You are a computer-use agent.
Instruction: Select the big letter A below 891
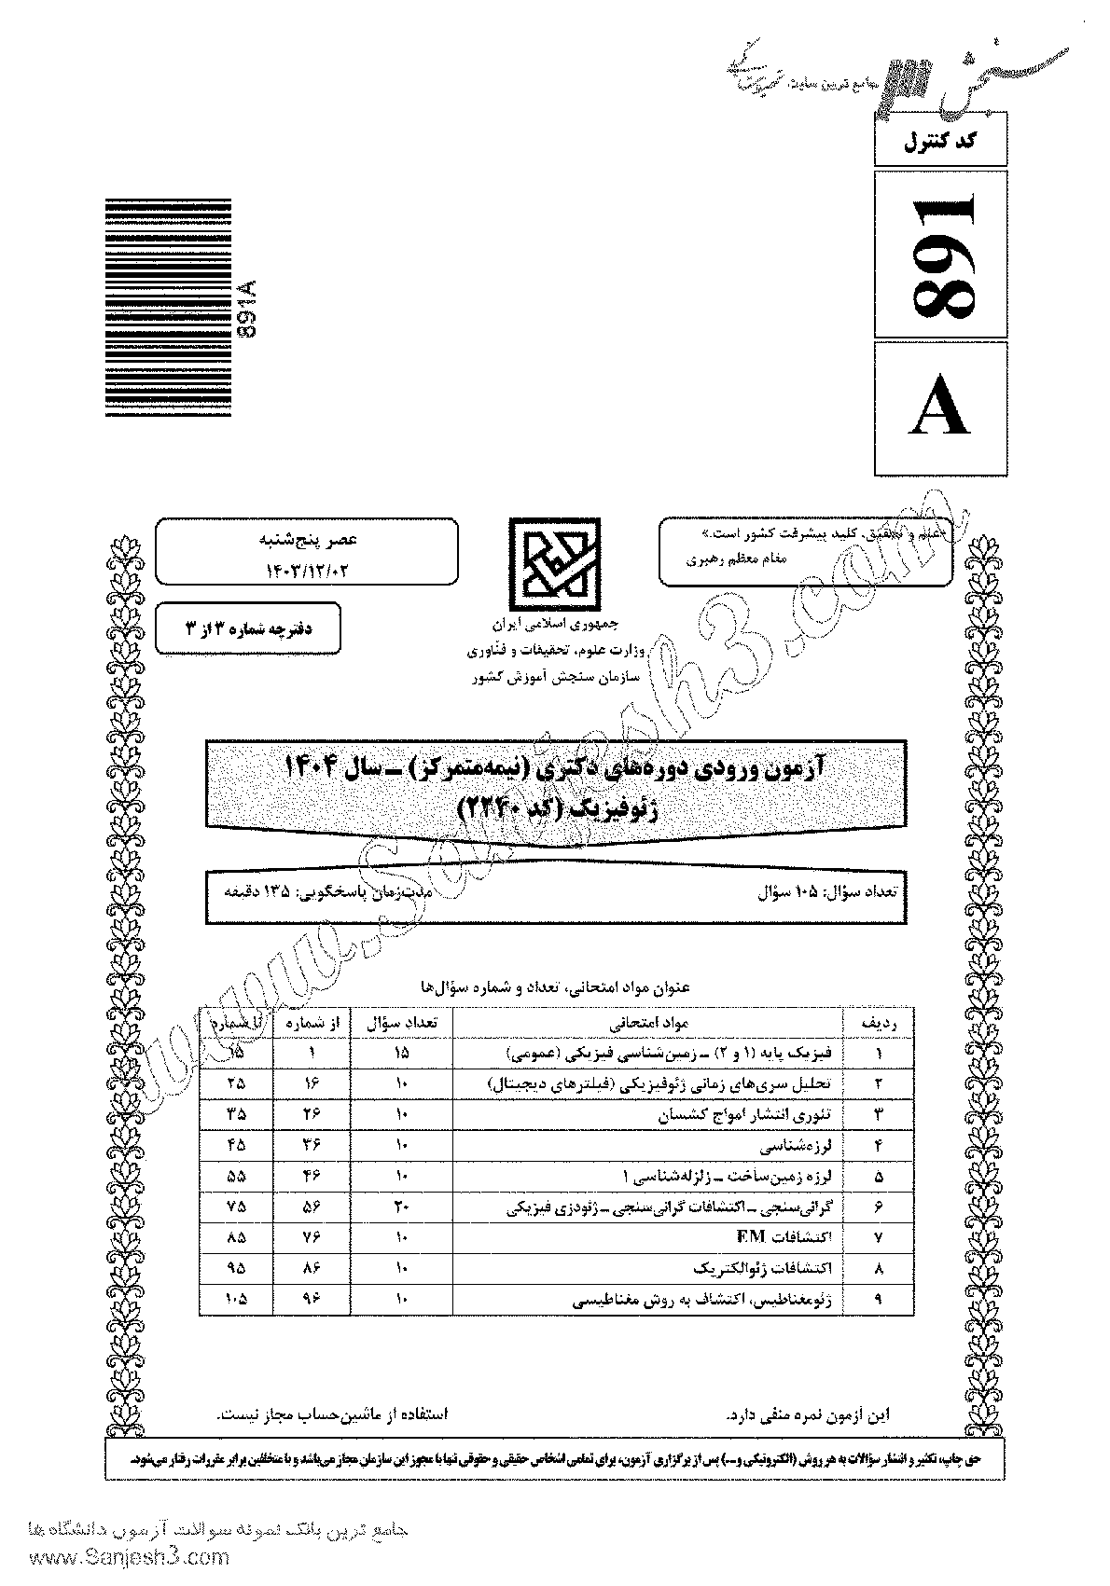(942, 407)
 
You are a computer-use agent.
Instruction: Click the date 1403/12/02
(306, 567)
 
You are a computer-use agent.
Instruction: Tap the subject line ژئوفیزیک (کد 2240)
(554, 807)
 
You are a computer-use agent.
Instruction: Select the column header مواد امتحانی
(648, 1022)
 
